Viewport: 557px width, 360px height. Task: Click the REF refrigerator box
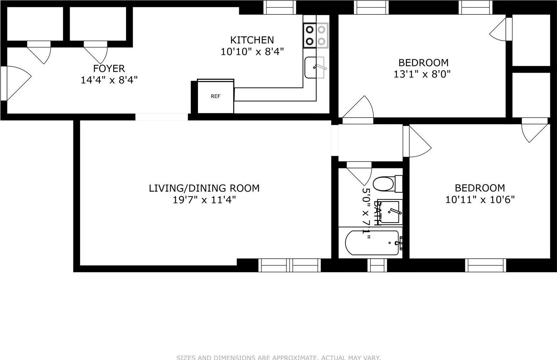tap(216, 97)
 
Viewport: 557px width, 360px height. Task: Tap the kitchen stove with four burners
tap(316, 35)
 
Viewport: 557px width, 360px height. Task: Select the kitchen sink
tap(314, 67)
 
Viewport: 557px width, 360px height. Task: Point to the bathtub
tap(372, 243)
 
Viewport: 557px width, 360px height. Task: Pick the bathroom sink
tap(390, 212)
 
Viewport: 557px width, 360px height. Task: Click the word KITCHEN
tap(252, 40)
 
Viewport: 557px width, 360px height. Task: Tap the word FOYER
tap(109, 69)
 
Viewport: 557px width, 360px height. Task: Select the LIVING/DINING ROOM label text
tap(204, 188)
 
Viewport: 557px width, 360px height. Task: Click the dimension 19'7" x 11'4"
tap(204, 200)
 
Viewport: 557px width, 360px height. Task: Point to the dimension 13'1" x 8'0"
tap(422, 74)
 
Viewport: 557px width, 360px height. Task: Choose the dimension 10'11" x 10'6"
tap(480, 200)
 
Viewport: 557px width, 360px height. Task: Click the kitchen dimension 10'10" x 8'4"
tap(252, 52)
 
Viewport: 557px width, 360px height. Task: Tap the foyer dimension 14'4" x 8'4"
tap(109, 80)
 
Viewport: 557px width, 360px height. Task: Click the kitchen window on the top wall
tap(279, 7)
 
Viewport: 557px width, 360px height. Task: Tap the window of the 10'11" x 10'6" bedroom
tap(485, 265)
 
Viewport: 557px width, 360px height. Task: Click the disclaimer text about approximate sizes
tap(278, 357)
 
